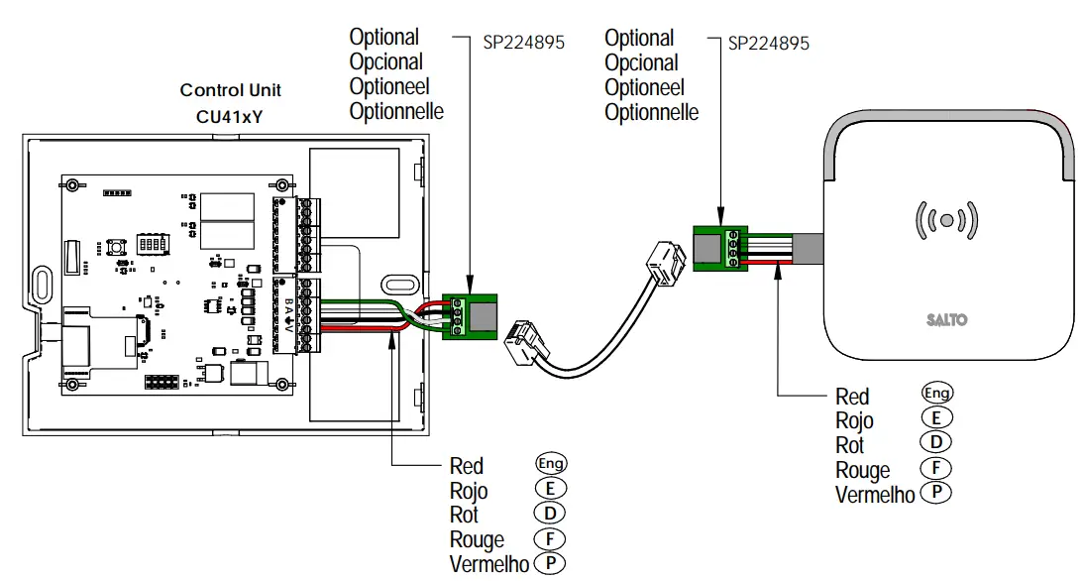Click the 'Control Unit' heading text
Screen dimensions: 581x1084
click(x=230, y=90)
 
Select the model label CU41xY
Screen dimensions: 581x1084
click(x=230, y=117)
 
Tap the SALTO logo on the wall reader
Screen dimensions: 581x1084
click(x=946, y=320)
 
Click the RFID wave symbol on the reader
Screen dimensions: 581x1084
click(x=947, y=220)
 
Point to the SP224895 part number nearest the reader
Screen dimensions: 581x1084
click(x=768, y=44)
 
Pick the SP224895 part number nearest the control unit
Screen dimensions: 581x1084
click(x=523, y=44)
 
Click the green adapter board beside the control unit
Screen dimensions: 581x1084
click(x=470, y=314)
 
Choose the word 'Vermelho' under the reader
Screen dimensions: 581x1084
click(x=875, y=495)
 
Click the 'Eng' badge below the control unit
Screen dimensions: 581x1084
click(x=551, y=464)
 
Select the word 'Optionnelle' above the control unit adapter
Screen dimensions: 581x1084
click(x=396, y=111)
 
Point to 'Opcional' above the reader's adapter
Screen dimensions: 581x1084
click(x=641, y=63)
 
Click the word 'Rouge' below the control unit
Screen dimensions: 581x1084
click(x=477, y=540)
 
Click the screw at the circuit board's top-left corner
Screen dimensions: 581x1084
click(x=70, y=185)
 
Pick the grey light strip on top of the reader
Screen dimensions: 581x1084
click(x=947, y=122)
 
